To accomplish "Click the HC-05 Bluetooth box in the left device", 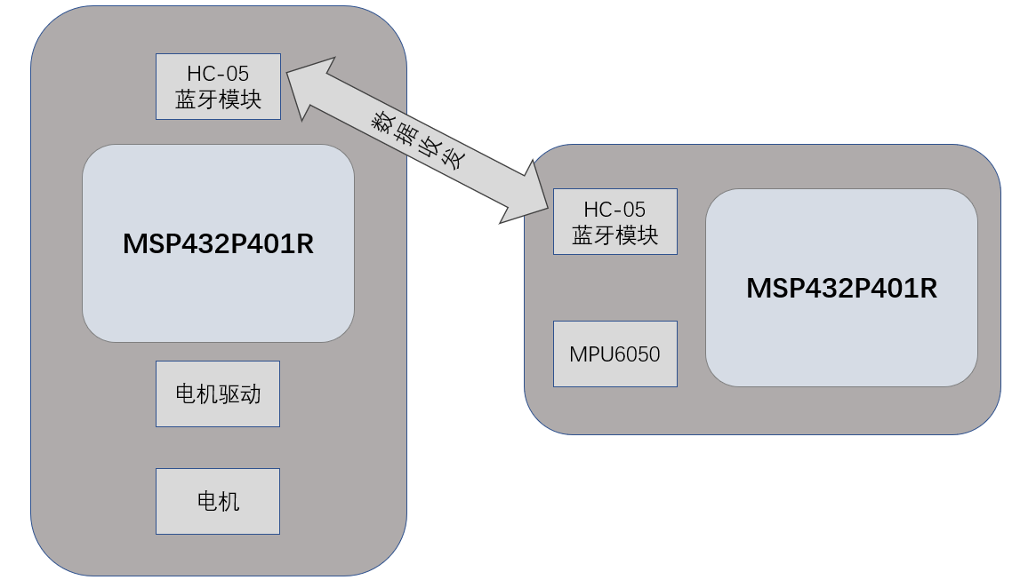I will pyautogui.click(x=218, y=86).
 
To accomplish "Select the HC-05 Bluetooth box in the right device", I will pyautogui.click(x=614, y=221).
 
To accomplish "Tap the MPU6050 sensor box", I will pyautogui.click(x=614, y=354).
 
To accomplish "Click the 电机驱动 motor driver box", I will pyautogui.click(x=218, y=393).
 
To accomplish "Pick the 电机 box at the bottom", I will pyautogui.click(x=218, y=501).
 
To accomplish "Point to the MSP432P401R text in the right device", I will pyautogui.click(x=841, y=289).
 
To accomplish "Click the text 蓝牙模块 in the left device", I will pyautogui.click(x=218, y=99).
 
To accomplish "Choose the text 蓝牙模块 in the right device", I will pyautogui.click(x=614, y=235).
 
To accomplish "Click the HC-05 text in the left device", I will pyautogui.click(x=218, y=74).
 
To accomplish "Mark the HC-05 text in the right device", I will pyautogui.click(x=614, y=210).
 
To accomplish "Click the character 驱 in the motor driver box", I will pyautogui.click(x=229, y=393).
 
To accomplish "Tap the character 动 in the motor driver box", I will pyautogui.click(x=251, y=393).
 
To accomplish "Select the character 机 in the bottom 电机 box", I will pyautogui.click(x=229, y=501).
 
